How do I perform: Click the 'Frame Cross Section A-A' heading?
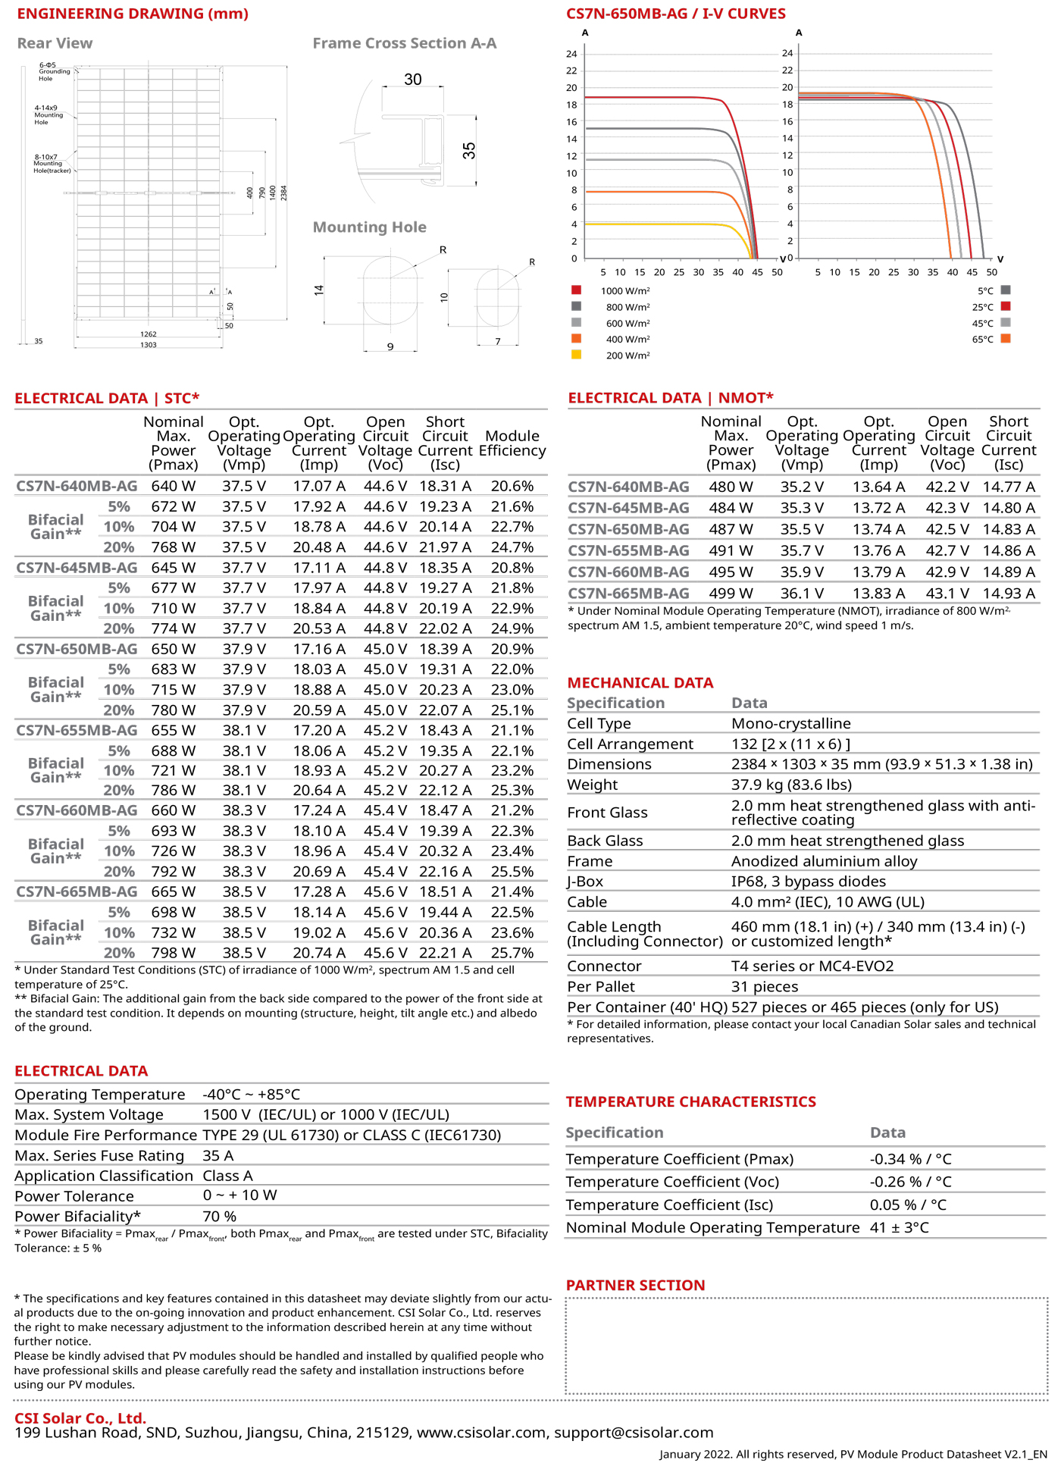[405, 43]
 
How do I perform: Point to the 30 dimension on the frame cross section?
[412, 79]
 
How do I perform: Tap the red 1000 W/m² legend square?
[577, 290]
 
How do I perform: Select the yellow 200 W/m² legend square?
[577, 355]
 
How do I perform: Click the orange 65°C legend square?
[1006, 338]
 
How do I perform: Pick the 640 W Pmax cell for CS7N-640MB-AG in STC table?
[174, 486]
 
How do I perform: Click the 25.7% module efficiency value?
[512, 953]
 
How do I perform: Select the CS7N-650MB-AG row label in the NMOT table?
[628, 529]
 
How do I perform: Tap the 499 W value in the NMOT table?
[731, 594]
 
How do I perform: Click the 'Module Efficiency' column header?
[512, 443]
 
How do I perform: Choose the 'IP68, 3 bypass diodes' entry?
[808, 882]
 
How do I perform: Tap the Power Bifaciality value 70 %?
[220, 1216]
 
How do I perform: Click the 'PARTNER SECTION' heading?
[635, 1286]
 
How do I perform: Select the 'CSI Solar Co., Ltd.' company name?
[80, 1418]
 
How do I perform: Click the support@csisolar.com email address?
[634, 1433]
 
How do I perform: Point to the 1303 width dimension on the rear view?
[149, 345]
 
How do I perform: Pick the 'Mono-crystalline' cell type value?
[790, 723]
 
